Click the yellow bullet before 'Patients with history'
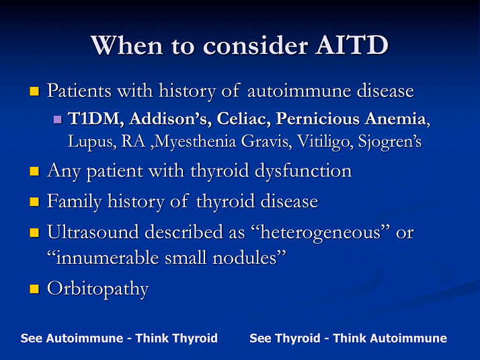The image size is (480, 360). (x=35, y=91)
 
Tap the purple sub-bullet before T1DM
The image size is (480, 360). (x=57, y=120)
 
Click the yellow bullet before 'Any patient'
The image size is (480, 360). (x=35, y=172)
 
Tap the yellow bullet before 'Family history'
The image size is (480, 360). (x=35, y=202)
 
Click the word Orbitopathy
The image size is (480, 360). (x=97, y=289)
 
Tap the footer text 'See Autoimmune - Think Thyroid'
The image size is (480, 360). (x=119, y=338)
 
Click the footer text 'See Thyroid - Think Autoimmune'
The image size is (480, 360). (x=348, y=338)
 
